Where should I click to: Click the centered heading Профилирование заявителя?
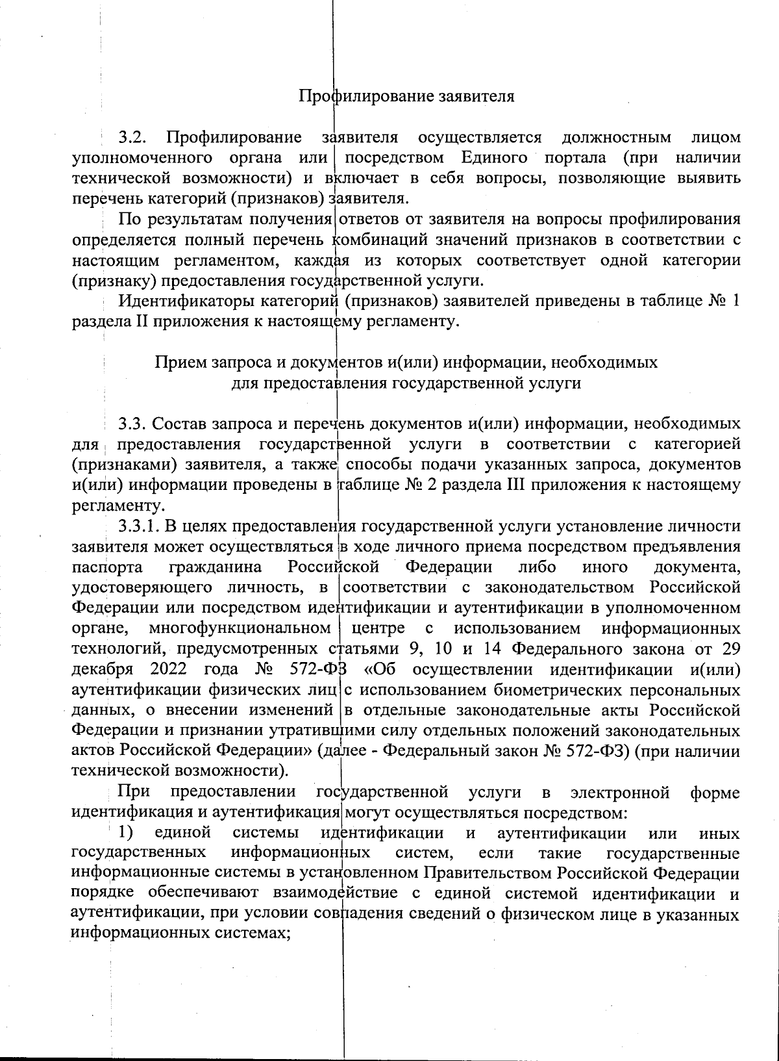coord(406,97)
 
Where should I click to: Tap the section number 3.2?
coord(133,138)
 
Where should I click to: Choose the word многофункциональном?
coord(240,628)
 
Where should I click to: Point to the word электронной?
coord(619,793)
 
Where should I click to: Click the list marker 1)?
coord(125,833)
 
